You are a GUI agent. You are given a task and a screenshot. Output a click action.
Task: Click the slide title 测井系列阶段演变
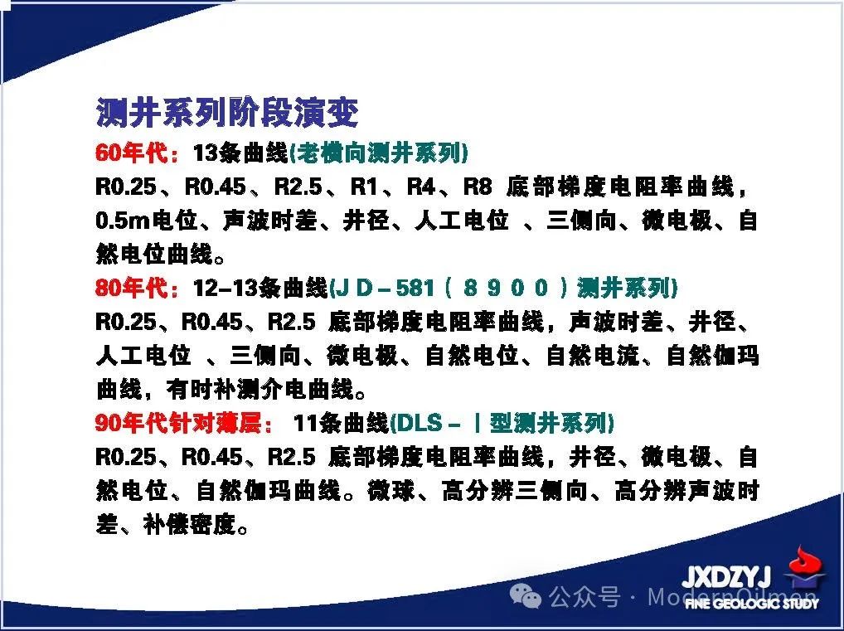227,113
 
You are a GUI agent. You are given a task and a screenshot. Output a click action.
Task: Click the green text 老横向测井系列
379,153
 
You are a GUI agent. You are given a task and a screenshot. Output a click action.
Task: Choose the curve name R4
421,187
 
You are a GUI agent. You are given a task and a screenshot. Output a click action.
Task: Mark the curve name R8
478,187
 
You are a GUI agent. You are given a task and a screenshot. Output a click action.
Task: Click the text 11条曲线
341,423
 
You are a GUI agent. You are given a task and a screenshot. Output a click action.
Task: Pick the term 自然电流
593,356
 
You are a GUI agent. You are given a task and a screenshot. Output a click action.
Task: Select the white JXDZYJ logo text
726,578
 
